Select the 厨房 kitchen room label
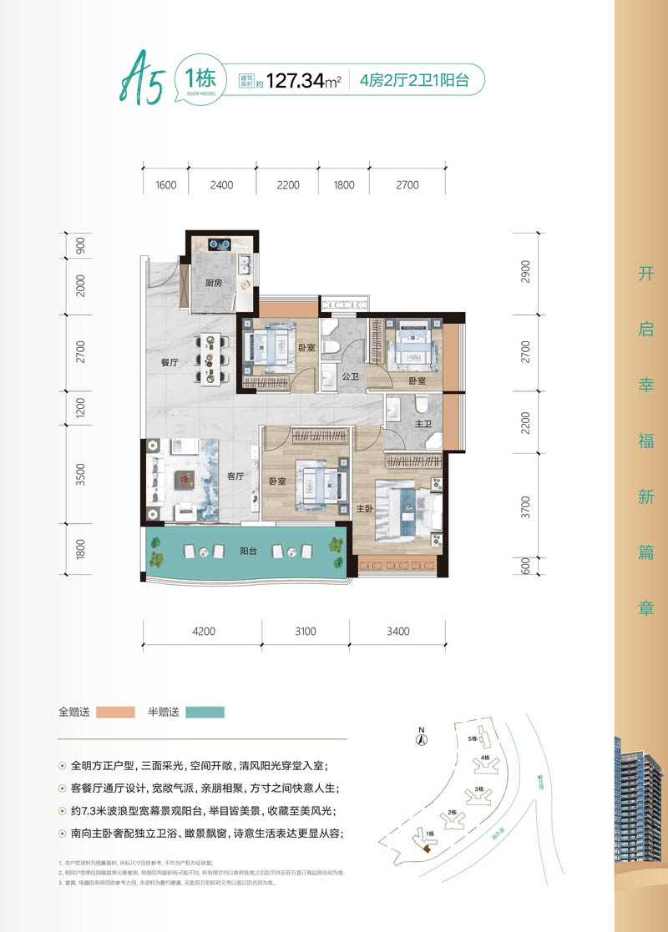pyautogui.click(x=214, y=283)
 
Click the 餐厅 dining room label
pyautogui.click(x=170, y=362)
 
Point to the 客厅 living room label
pyautogui.click(x=235, y=476)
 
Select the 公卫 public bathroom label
pyautogui.click(x=351, y=376)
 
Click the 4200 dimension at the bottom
pyautogui.click(x=202, y=631)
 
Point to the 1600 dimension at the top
pyautogui.click(x=165, y=184)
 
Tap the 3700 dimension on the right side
pyautogui.click(x=524, y=506)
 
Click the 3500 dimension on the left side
pyautogui.click(x=80, y=476)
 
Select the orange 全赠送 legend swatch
pyautogui.click(x=115, y=712)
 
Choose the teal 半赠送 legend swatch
pyautogui.click(x=205, y=712)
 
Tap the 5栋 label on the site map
pyautogui.click(x=472, y=739)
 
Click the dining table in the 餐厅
pyautogui.click(x=213, y=360)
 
